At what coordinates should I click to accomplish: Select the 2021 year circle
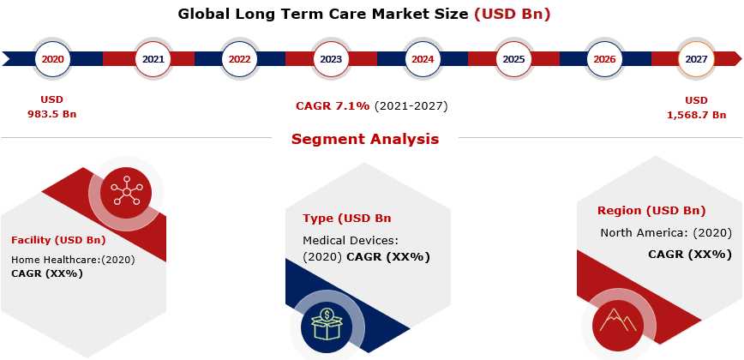coord(153,59)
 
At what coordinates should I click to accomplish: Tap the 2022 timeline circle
coord(240,59)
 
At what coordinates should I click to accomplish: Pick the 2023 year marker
coord(331,59)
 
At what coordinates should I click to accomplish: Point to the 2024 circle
coord(423,59)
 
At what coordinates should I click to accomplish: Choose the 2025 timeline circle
coord(514,59)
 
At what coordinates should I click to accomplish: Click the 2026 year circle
coord(604,59)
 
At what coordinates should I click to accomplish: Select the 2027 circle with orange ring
coord(696,59)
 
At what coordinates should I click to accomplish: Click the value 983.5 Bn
coord(52,114)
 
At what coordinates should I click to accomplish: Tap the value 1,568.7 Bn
coord(697,115)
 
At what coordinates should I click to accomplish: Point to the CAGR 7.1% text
coord(333,106)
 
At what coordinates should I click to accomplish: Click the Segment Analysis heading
coord(365,140)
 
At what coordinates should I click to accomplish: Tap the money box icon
coord(327,324)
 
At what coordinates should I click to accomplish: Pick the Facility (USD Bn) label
coord(58,240)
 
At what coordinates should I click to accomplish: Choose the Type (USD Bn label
coord(347,219)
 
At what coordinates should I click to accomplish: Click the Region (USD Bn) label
coord(651,211)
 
